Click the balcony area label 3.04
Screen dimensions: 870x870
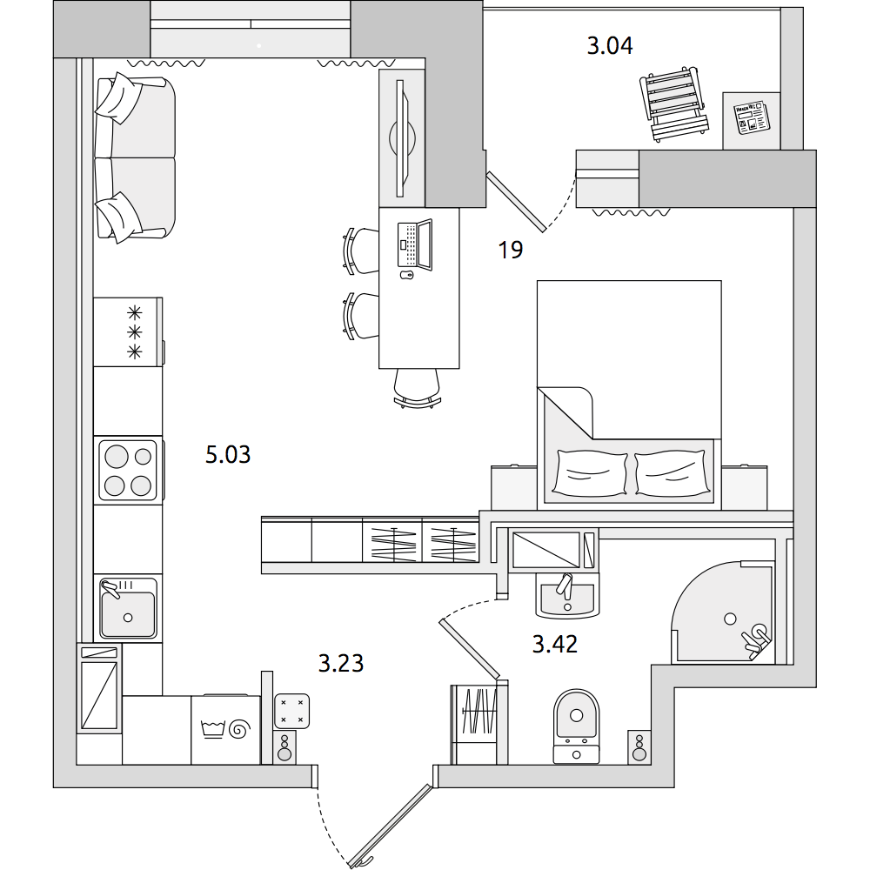[x=610, y=46]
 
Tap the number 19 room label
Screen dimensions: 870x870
[x=511, y=251]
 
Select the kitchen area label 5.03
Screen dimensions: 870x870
[x=228, y=455]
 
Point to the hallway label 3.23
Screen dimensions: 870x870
[x=341, y=664]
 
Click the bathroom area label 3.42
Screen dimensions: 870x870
[x=555, y=645]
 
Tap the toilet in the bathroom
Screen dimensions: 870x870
[x=577, y=726]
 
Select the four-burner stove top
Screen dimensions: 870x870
[x=128, y=471]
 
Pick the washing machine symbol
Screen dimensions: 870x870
[x=226, y=729]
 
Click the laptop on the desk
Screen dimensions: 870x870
[x=415, y=244]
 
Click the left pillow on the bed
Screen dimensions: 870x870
[x=590, y=472]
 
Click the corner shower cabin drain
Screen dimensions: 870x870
[x=730, y=619]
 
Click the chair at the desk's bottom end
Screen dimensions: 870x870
[x=418, y=388]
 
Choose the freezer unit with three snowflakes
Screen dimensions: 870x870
[x=129, y=331]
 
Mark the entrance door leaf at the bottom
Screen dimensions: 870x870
[x=391, y=825]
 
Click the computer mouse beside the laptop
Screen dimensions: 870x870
[x=407, y=275]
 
